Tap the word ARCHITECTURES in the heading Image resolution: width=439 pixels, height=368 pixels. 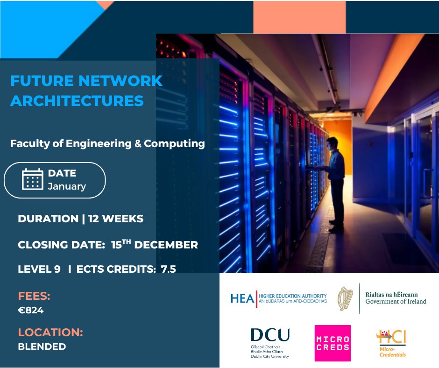tap(77, 100)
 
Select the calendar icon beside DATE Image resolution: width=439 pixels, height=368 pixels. tap(32, 179)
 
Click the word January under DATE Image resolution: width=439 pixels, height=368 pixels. tap(67, 186)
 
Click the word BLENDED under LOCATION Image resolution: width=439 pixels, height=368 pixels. tap(42, 347)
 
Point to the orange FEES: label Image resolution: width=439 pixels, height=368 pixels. tap(34, 296)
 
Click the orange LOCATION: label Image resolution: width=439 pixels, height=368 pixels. tap(50, 333)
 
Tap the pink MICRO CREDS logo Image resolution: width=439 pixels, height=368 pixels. tap(333, 343)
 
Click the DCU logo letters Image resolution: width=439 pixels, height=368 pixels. tap(270, 335)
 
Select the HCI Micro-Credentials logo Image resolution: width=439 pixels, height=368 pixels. tap(391, 343)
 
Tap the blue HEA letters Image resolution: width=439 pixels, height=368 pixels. tap(241, 298)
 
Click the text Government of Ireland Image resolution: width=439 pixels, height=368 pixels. tap(396, 302)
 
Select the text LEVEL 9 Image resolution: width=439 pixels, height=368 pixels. tap(39, 269)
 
